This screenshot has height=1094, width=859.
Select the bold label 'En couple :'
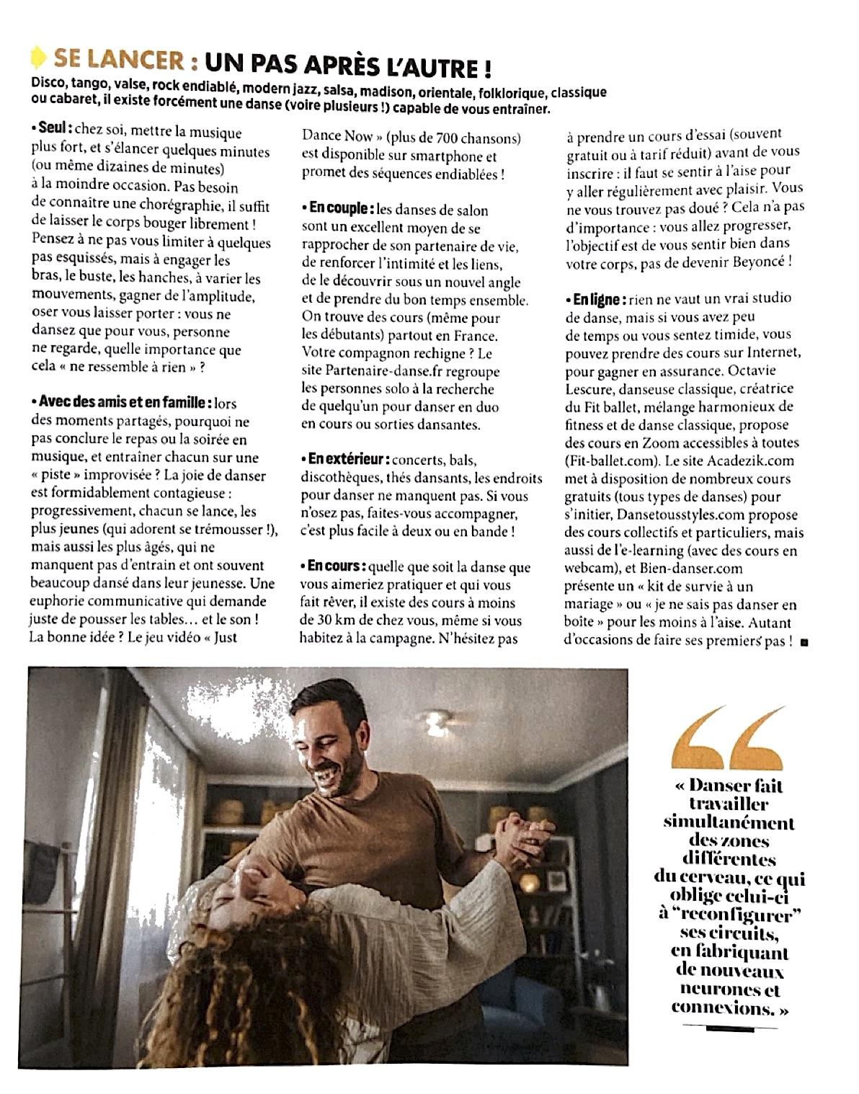pos(339,210)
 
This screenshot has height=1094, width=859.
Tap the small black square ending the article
pos(804,641)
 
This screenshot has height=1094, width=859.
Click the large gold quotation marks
pos(728,738)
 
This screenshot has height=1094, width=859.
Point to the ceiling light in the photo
pos(437,721)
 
